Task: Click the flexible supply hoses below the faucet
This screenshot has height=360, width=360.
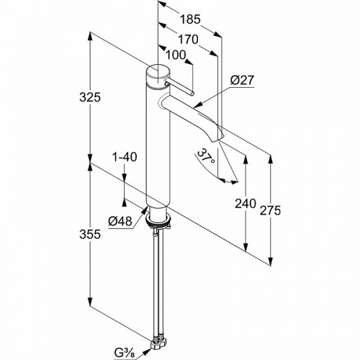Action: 157,281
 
